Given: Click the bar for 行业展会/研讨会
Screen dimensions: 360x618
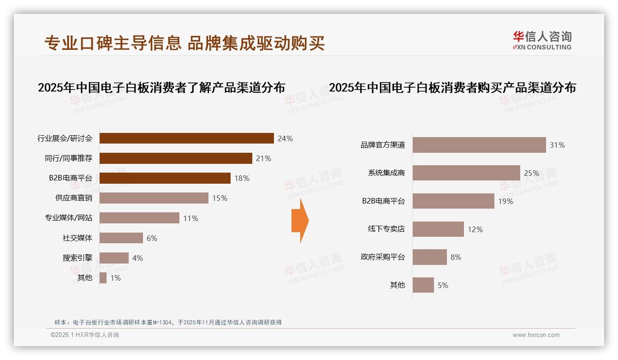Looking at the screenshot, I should [187, 138].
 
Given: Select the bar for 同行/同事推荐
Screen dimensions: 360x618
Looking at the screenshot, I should [176, 158].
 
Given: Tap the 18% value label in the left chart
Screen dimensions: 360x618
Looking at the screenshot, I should [242, 178].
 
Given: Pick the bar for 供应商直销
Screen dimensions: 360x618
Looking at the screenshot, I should [154, 198].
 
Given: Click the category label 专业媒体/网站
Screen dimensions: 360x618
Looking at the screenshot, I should [68, 218].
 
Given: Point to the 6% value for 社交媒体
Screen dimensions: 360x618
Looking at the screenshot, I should [152, 238].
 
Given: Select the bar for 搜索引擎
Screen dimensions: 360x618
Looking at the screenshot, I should [114, 258].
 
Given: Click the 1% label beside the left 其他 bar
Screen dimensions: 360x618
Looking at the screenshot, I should [115, 278].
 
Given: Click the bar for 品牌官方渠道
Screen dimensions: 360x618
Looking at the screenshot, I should [479, 145].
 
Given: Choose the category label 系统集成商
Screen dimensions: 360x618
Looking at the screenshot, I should [386, 173].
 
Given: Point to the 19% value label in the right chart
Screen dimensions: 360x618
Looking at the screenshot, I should [505, 201].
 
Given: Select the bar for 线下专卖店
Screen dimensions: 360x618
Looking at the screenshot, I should [438, 229].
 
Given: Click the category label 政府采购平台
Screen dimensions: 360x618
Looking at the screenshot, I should [382, 257].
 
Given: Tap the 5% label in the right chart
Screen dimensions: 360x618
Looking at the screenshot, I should [443, 285].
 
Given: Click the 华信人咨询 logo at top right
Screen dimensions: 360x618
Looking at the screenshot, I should [542, 40].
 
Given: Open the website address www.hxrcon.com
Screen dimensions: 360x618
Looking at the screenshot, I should [535, 335].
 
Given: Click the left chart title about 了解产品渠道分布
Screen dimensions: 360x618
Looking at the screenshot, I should [161, 88].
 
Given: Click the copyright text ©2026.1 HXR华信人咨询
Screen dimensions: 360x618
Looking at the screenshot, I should [84, 335].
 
